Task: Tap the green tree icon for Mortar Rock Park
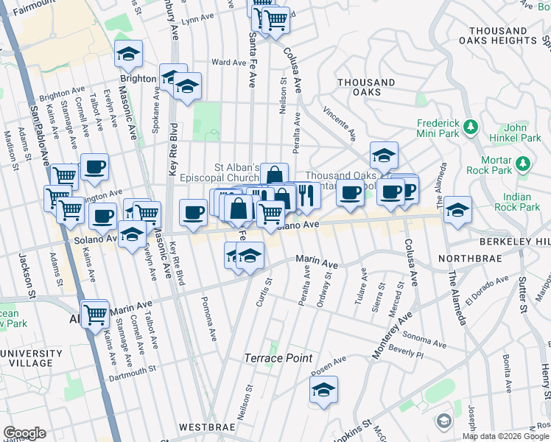click(x=524, y=163)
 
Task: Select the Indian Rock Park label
click(x=523, y=202)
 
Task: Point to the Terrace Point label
click(x=278, y=358)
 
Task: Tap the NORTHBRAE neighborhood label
click(x=468, y=259)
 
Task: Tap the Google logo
click(x=25, y=433)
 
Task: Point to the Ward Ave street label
click(x=228, y=63)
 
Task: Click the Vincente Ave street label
click(x=339, y=122)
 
